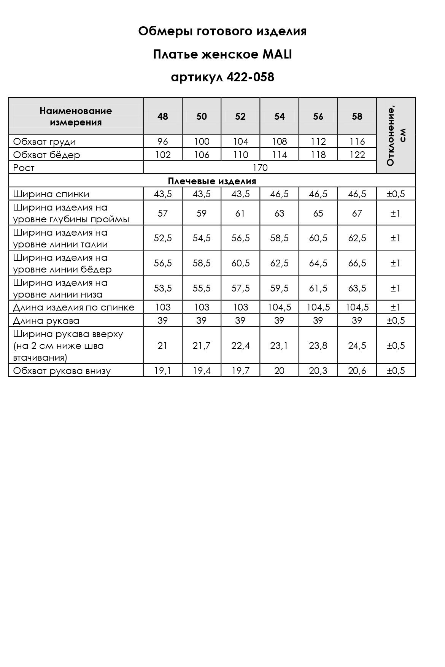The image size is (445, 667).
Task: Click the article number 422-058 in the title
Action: pos(250,77)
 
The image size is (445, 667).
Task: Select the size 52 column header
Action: pos(240,116)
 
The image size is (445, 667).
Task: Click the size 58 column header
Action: pos(357,116)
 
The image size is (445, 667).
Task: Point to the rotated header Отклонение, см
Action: pos(396,135)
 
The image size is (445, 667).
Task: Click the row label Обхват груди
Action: pos(44,142)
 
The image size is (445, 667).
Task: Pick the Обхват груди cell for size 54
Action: pos(279,142)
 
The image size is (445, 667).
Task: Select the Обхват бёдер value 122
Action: pos(357,155)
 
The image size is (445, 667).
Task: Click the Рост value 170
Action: pos(260,168)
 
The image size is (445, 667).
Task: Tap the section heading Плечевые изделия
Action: pos(212,181)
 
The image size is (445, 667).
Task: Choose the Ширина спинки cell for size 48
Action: pos(163,194)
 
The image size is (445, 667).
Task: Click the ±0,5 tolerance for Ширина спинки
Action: pos(396,194)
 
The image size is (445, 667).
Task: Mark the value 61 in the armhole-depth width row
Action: pos(240,213)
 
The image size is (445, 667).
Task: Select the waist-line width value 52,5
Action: pos(163,238)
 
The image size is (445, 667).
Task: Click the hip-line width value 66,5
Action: pos(357,263)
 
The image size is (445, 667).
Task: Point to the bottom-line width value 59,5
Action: pos(279,288)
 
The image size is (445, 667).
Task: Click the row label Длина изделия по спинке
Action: pos(74,307)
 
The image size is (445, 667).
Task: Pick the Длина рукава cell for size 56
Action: pos(318,320)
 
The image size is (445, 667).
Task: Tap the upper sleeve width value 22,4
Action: pos(240,345)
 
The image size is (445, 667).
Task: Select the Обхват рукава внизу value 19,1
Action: pos(163,371)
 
